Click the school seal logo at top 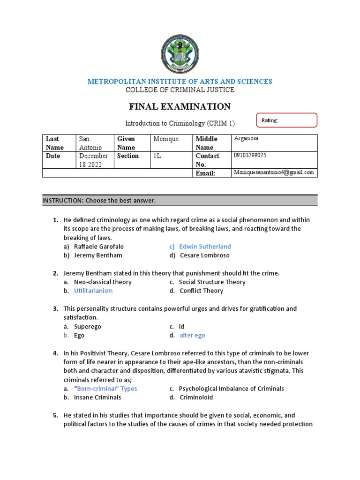click(x=180, y=54)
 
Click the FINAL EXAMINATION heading click(x=180, y=107)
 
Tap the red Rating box click(x=287, y=120)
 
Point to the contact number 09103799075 click(x=251, y=155)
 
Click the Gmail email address click(x=274, y=172)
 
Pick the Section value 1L click(x=157, y=156)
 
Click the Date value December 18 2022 click(x=93, y=160)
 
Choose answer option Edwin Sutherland click(x=205, y=247)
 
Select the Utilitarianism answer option click(x=93, y=291)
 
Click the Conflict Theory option click(x=201, y=291)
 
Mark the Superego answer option click(x=88, y=327)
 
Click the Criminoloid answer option click(x=196, y=397)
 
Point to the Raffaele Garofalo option click(x=99, y=247)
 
